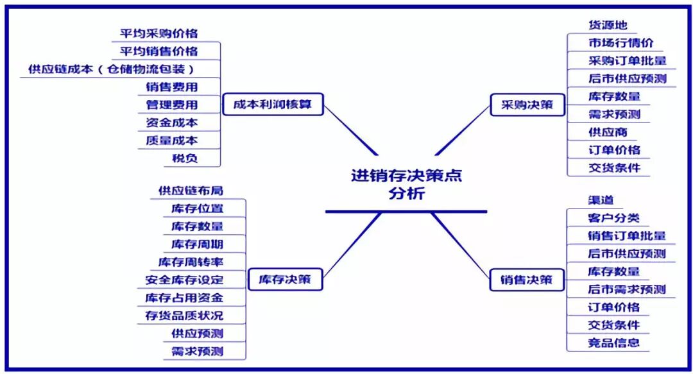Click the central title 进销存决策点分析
click(x=406, y=184)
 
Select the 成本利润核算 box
click(x=273, y=104)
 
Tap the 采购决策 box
click(x=527, y=105)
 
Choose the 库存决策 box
click(x=284, y=280)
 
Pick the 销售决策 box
click(x=527, y=280)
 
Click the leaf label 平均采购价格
click(x=159, y=33)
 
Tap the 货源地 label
click(x=608, y=25)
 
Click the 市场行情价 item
click(x=620, y=43)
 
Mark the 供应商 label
click(x=608, y=132)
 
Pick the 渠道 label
click(x=601, y=200)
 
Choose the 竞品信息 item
click(x=614, y=342)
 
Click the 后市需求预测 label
click(x=627, y=289)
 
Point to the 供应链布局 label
click(x=191, y=191)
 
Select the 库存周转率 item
click(x=191, y=262)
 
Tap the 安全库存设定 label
click(x=184, y=280)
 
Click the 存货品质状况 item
click(x=184, y=316)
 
